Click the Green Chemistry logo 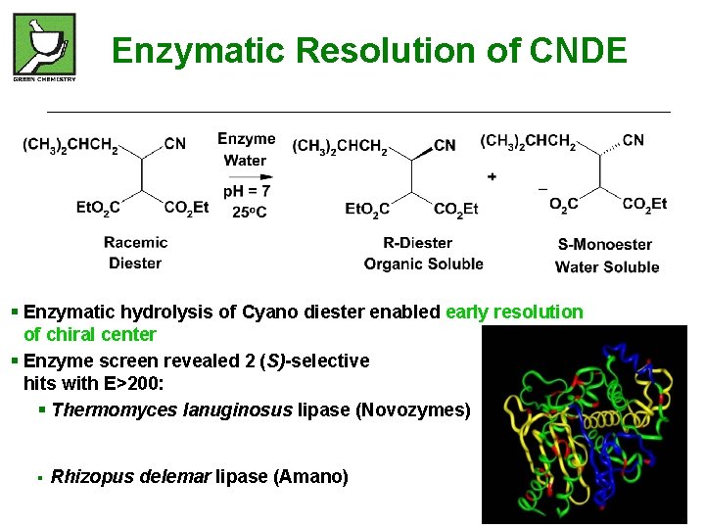point(44,47)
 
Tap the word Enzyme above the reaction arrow point(246,139)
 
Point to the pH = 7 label point(247,191)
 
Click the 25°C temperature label point(249,212)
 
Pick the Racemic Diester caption point(135,252)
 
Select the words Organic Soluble point(423,264)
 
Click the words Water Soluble point(607,266)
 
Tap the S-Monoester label point(604,244)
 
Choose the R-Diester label point(418,242)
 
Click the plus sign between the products point(491,176)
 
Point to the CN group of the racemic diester point(175,144)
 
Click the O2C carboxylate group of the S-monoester point(563,204)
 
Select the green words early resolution point(514,312)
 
